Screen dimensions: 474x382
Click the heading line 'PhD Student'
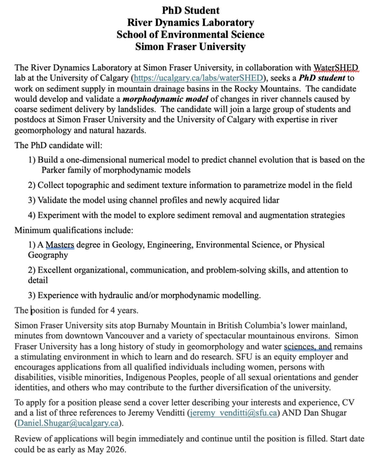[x=191, y=10]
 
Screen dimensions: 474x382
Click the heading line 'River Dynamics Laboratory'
[x=191, y=22]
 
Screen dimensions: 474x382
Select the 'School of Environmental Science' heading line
[x=191, y=35]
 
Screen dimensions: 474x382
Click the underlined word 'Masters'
[x=60, y=244]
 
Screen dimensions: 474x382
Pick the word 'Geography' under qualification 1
[x=48, y=255]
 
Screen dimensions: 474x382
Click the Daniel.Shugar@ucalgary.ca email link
[x=67, y=423]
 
